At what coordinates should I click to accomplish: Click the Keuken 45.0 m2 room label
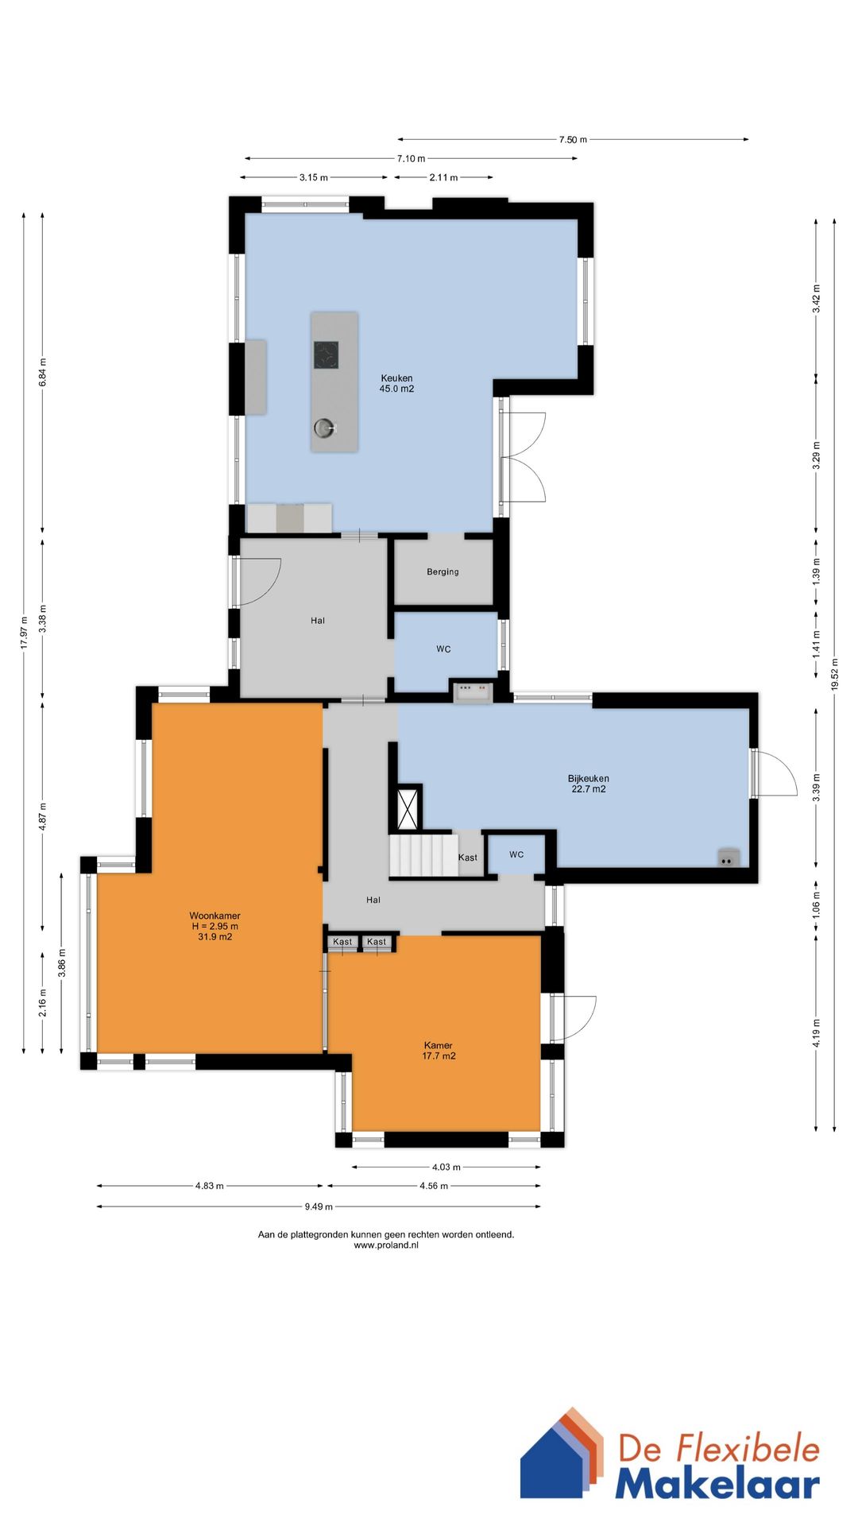pos(396,384)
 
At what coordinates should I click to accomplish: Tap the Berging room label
pos(443,571)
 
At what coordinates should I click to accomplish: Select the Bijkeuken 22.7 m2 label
pos(588,784)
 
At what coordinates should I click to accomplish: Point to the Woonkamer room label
pos(214,916)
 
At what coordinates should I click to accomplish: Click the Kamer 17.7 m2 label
pos(439,1051)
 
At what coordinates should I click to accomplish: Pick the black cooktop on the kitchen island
pos(326,354)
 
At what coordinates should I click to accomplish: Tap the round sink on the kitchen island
pos(323,428)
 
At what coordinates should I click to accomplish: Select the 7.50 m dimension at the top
pos(573,140)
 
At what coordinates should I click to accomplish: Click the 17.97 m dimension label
pos(24,633)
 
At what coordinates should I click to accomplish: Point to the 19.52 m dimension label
pos(834,675)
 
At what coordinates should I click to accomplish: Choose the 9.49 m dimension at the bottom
pos(319,1206)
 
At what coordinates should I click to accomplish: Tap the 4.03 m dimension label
pos(446,1168)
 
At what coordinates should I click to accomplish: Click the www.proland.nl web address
pos(386,1245)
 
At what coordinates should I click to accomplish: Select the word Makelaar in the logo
pos(717,1484)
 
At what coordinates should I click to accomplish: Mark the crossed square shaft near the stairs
pos(408,808)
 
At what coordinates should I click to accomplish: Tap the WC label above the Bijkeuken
pos(443,649)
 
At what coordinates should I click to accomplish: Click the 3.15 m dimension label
pos(314,178)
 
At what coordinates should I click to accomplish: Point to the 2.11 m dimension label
pos(443,178)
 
